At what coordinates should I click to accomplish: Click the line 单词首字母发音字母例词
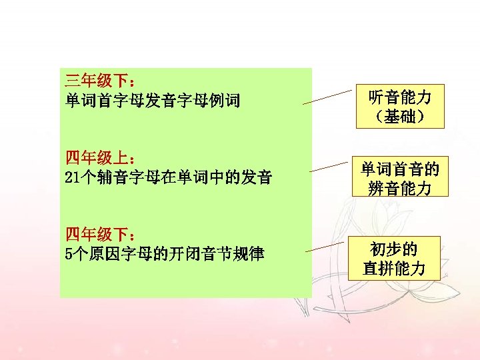(153, 102)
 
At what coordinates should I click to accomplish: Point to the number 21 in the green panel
(73, 178)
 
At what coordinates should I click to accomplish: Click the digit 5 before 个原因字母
(69, 254)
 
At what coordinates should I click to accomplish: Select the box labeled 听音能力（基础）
(400, 107)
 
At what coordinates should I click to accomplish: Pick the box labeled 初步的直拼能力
(394, 259)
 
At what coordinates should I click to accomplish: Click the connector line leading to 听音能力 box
(327, 97)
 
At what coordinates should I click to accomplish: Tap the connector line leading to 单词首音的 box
(330, 167)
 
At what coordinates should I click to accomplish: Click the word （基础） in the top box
(400, 118)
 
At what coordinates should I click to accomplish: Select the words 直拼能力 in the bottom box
(394, 269)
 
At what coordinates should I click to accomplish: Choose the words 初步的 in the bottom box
(394, 249)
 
